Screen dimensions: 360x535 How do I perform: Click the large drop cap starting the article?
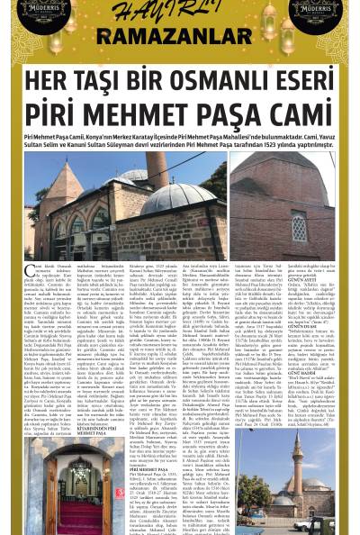point(31,271)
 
